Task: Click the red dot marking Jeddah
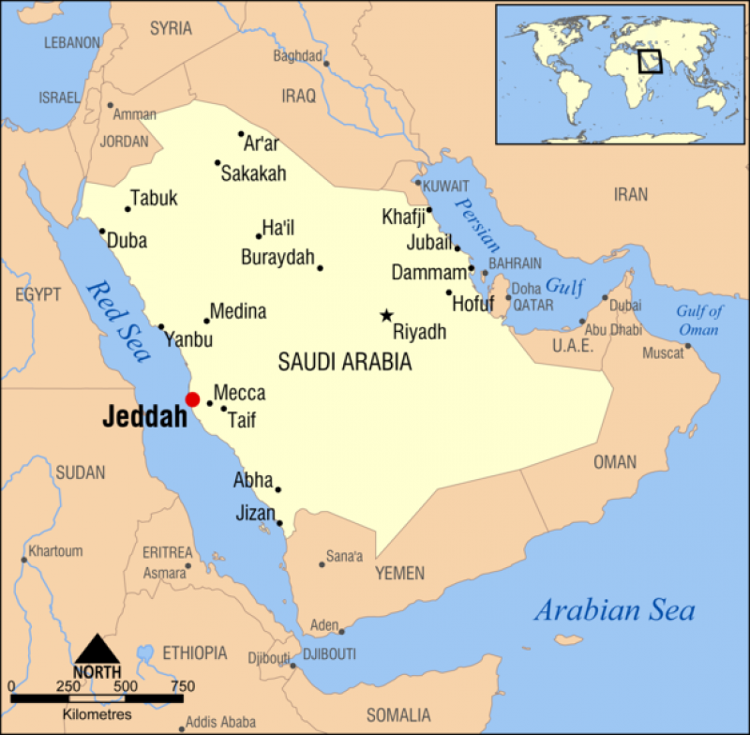pos(192,399)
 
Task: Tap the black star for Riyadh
pos(385,316)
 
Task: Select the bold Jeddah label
pos(144,417)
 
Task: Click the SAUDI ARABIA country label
pos(345,362)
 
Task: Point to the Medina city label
pos(238,311)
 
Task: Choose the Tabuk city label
pos(154,199)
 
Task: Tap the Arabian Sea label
pos(614,611)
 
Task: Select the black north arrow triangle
pos(97,649)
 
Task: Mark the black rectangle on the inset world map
pos(650,61)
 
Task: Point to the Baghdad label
pos(297,55)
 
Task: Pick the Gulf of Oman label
pos(698,321)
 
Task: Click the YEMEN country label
pos(399,573)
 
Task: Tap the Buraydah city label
pos(277,257)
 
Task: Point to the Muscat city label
pos(663,353)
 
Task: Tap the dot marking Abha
pos(278,489)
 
